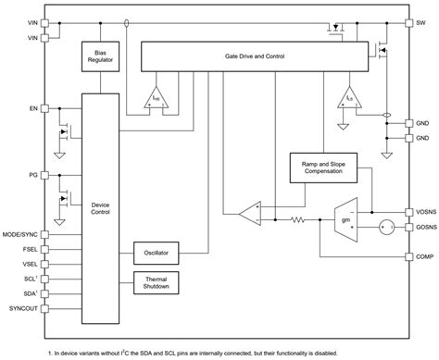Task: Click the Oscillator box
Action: click(x=157, y=252)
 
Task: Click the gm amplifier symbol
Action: click(x=346, y=220)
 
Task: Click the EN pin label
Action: click(x=33, y=108)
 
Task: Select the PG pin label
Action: click(x=33, y=173)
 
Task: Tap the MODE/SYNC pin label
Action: click(x=21, y=234)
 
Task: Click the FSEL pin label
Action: click(x=30, y=249)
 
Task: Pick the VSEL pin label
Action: click(x=30, y=264)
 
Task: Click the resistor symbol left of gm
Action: click(x=299, y=220)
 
